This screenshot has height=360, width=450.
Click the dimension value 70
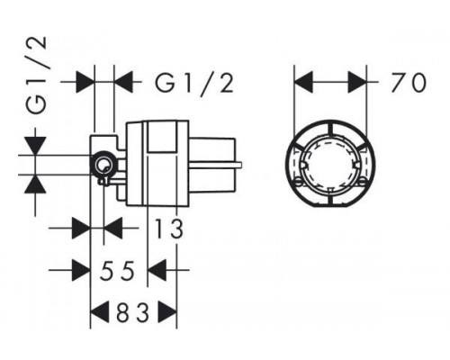[x=409, y=82]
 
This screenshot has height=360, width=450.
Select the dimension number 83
[x=133, y=312]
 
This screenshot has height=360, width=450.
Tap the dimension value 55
[x=118, y=271]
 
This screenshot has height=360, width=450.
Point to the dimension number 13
[x=168, y=229]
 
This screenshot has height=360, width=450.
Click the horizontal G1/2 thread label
[x=194, y=82]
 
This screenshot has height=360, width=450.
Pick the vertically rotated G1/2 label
[x=36, y=76]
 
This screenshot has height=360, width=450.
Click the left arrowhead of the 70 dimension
[x=303, y=82]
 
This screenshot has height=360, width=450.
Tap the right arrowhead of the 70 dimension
[x=357, y=82]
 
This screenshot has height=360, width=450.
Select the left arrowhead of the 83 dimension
[x=100, y=312]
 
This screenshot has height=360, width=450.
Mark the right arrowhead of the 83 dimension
[x=167, y=312]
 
